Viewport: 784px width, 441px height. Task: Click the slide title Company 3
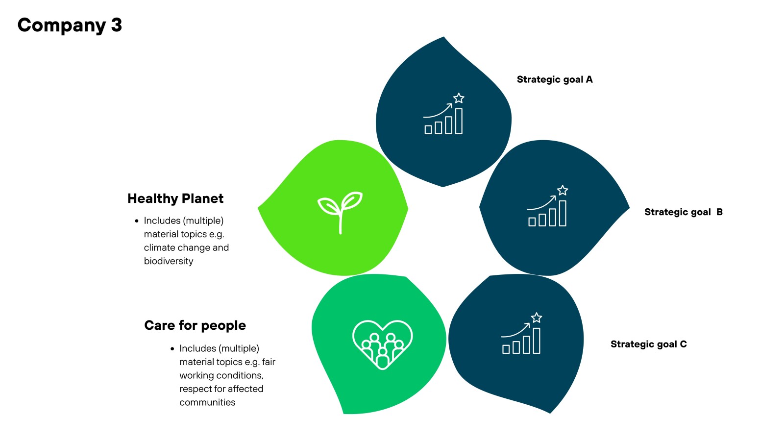pos(70,25)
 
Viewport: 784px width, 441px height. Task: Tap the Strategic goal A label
pos(555,80)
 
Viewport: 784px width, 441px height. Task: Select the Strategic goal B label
pos(684,212)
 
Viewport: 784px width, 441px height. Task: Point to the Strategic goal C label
pos(649,344)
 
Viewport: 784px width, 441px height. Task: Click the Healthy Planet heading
pos(175,198)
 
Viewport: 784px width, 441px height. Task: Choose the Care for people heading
pos(195,325)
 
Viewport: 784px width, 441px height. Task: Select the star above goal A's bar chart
pos(459,98)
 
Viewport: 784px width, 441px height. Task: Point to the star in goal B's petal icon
pos(563,191)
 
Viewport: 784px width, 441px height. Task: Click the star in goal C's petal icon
pos(537,318)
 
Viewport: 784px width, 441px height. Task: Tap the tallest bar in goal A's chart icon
pos(459,121)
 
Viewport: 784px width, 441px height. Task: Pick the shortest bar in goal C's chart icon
pos(506,349)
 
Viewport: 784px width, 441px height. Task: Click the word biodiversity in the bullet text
pos(169,261)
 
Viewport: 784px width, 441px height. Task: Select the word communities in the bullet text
pos(207,402)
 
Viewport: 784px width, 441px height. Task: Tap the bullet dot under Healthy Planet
pos(137,221)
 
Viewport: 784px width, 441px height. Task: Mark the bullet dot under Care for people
pos(172,349)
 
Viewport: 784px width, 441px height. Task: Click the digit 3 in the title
pos(117,25)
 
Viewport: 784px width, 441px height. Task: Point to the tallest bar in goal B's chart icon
pos(563,214)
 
